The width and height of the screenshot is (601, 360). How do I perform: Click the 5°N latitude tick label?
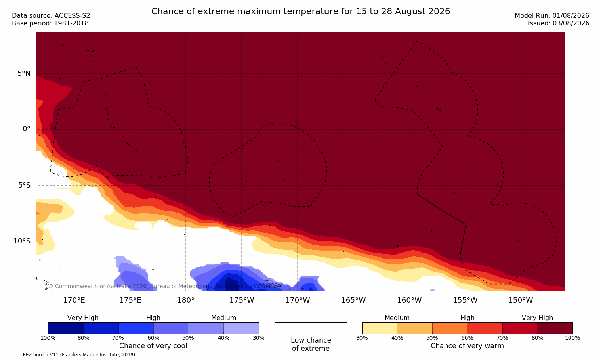[24, 73]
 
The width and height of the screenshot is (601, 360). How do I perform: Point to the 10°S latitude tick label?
[22, 241]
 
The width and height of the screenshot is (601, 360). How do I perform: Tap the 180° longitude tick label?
[186, 300]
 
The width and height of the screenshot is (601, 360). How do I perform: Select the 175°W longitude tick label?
[242, 300]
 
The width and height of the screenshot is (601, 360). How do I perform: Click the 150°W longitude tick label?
[521, 300]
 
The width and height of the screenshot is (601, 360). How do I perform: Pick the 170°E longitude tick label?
[74, 300]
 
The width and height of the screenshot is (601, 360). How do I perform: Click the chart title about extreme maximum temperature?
[300, 11]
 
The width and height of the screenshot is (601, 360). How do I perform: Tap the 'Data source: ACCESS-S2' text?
[51, 16]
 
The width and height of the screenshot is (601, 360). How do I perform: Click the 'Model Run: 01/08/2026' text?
[551, 16]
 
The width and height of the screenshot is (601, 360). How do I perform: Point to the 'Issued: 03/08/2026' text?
[559, 23]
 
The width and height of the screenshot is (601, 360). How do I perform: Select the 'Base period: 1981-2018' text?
[50, 23]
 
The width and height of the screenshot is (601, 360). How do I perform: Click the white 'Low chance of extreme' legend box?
[311, 328]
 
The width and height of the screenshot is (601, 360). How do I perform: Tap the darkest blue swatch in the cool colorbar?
[66, 328]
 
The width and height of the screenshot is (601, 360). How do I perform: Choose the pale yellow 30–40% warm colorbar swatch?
[380, 328]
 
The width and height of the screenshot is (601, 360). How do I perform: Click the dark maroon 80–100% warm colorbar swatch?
[555, 328]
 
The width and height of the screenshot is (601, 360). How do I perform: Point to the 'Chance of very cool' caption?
[153, 346]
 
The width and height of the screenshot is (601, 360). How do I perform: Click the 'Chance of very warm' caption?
[467, 346]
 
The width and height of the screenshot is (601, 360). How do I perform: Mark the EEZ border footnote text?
[71, 354]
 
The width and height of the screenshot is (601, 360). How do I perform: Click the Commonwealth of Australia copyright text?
[163, 286]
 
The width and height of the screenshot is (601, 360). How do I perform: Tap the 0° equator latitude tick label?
[26, 129]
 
